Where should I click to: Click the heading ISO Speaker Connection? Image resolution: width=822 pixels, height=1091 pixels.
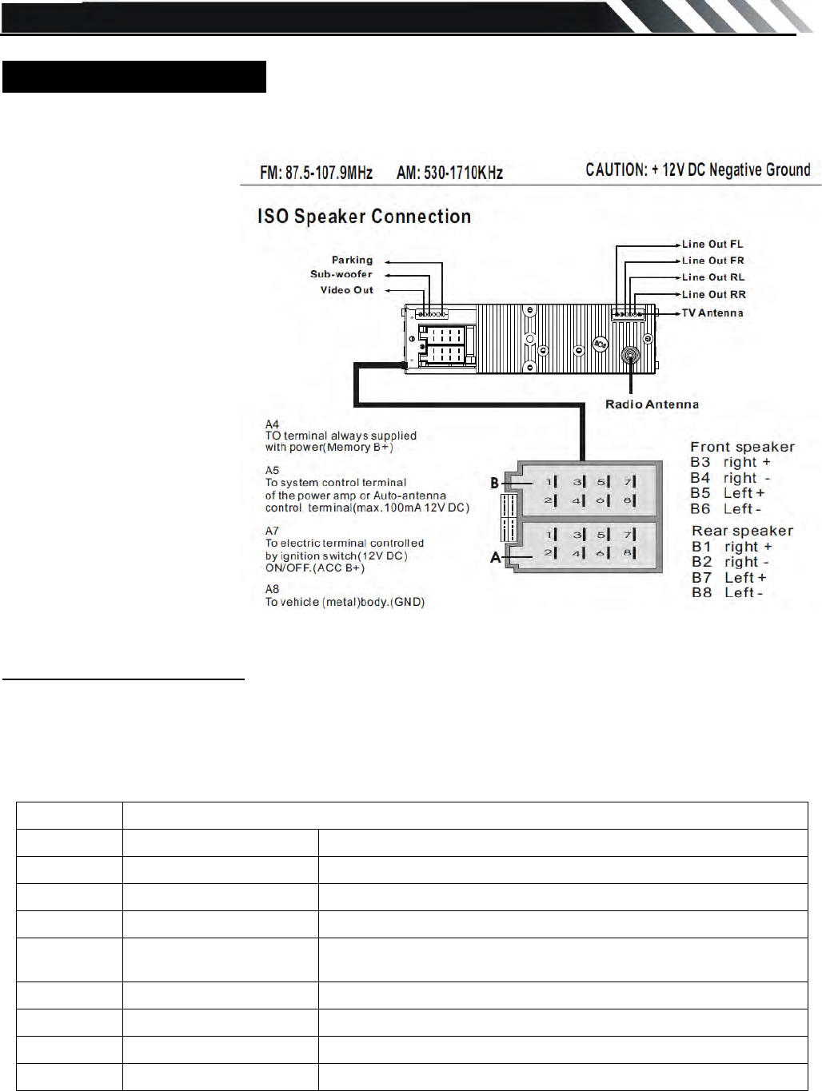(364, 217)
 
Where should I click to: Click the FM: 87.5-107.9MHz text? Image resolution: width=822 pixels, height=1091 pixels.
(316, 173)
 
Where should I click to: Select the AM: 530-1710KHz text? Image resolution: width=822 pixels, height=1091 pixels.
(449, 173)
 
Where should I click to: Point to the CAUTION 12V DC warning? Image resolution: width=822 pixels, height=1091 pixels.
(697, 169)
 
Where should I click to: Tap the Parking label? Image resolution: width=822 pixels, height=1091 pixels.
(352, 260)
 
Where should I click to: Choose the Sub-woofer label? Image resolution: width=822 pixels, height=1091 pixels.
(341, 274)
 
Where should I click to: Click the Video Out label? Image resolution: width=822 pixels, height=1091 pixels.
(346, 290)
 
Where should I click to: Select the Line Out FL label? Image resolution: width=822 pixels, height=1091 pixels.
(712, 245)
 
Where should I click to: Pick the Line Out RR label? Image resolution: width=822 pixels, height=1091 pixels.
(713, 295)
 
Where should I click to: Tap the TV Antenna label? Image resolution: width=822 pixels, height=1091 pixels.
(712, 313)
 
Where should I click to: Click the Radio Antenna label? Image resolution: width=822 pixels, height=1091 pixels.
(652, 404)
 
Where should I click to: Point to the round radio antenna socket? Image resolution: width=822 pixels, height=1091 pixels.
(630, 356)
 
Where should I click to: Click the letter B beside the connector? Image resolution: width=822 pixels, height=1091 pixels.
(494, 483)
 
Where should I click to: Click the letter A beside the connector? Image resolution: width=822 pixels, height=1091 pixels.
(495, 557)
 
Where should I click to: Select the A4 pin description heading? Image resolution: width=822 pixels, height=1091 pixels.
(273, 424)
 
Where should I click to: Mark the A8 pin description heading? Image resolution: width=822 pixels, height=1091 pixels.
(273, 589)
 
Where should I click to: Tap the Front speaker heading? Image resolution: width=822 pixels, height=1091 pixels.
(742, 447)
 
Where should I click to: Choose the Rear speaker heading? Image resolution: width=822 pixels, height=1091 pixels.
(742, 531)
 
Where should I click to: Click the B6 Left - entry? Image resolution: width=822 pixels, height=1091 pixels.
(725, 509)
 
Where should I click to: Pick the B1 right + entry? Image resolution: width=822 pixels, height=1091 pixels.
(731, 547)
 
